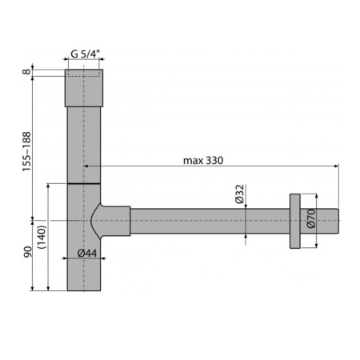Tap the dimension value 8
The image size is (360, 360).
tap(26, 72)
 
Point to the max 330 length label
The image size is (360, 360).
tap(203, 160)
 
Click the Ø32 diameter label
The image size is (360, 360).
tap(239, 193)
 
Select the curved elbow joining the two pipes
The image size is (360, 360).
tap(108, 220)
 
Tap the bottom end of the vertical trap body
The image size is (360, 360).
tap(83, 284)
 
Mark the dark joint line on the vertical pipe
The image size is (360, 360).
tap(83, 183)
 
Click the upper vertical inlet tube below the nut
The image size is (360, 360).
tap(83, 144)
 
